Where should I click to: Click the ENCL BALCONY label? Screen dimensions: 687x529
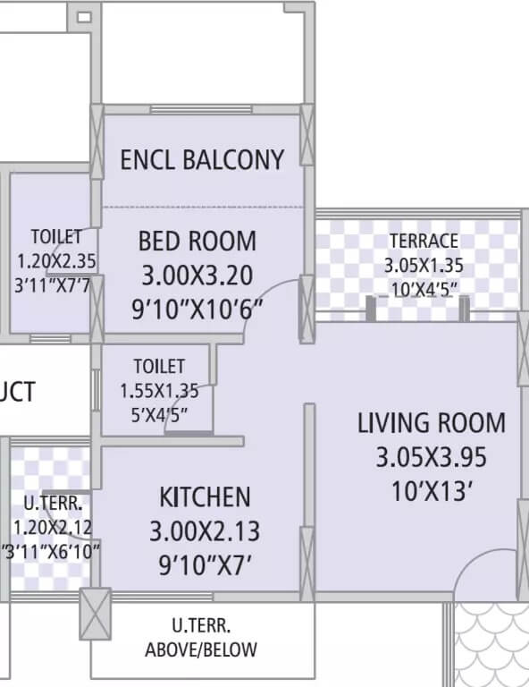click(202, 160)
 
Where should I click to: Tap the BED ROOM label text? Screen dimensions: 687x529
click(197, 241)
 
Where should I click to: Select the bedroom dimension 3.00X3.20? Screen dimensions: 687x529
click(197, 274)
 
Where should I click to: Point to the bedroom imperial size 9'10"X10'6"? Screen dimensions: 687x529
click(198, 309)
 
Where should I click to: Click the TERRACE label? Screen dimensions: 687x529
click(424, 241)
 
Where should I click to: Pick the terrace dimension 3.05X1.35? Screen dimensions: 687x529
click(424, 266)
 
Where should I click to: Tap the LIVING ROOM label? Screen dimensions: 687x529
click(431, 422)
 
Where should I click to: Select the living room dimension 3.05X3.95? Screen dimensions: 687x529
click(431, 457)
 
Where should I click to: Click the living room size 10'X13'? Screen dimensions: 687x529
click(431, 491)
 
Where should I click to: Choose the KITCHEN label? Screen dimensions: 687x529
click(205, 496)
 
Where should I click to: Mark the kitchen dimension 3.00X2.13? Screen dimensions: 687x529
click(205, 531)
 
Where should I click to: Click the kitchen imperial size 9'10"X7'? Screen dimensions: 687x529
click(205, 565)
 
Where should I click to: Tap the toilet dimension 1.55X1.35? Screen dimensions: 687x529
click(159, 390)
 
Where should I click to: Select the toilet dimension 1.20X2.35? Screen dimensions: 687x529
click(55, 261)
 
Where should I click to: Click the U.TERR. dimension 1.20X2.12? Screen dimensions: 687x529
click(52, 528)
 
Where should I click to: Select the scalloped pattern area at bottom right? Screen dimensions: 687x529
click(491, 644)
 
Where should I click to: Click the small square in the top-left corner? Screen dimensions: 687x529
click(83, 17)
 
